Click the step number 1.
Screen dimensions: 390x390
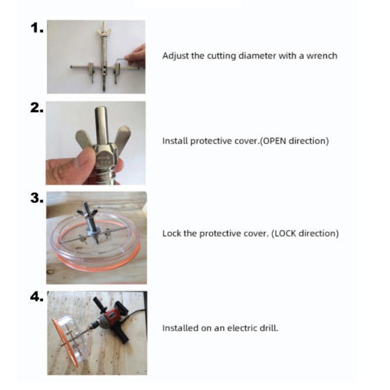click(37, 27)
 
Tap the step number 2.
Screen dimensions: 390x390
click(37, 108)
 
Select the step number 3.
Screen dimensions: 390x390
click(37, 198)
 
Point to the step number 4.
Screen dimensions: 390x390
click(37, 297)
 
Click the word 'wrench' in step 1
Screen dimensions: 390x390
click(322, 56)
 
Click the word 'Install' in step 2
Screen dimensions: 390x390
click(175, 140)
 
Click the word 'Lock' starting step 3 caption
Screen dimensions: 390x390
click(171, 233)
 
